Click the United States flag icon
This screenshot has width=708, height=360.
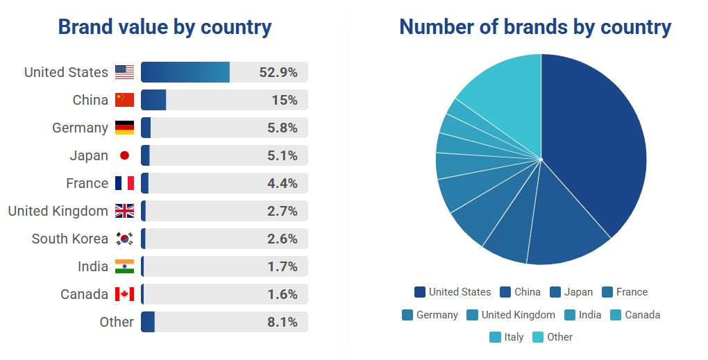pos(124,72)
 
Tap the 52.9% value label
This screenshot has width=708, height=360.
pos(278,72)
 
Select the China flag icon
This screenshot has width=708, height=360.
pos(124,100)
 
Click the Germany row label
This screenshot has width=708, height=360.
pos(80,128)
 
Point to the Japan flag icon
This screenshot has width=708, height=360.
pos(124,155)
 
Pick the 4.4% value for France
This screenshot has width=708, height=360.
pos(283,183)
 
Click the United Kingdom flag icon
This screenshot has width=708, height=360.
pos(124,211)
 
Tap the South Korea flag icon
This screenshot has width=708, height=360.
pos(124,239)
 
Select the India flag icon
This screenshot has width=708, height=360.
pos(124,266)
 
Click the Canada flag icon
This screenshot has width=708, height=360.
pos(124,294)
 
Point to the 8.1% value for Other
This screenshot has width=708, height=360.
pos(283,322)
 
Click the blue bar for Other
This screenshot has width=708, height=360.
pos(147,322)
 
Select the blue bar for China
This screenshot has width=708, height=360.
pos(153,100)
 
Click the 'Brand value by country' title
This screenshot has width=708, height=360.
pos(165,27)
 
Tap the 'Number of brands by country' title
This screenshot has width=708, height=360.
pos(535,27)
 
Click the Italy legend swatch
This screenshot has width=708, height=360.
pos(495,337)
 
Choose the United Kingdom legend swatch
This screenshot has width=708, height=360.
pos(473,315)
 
